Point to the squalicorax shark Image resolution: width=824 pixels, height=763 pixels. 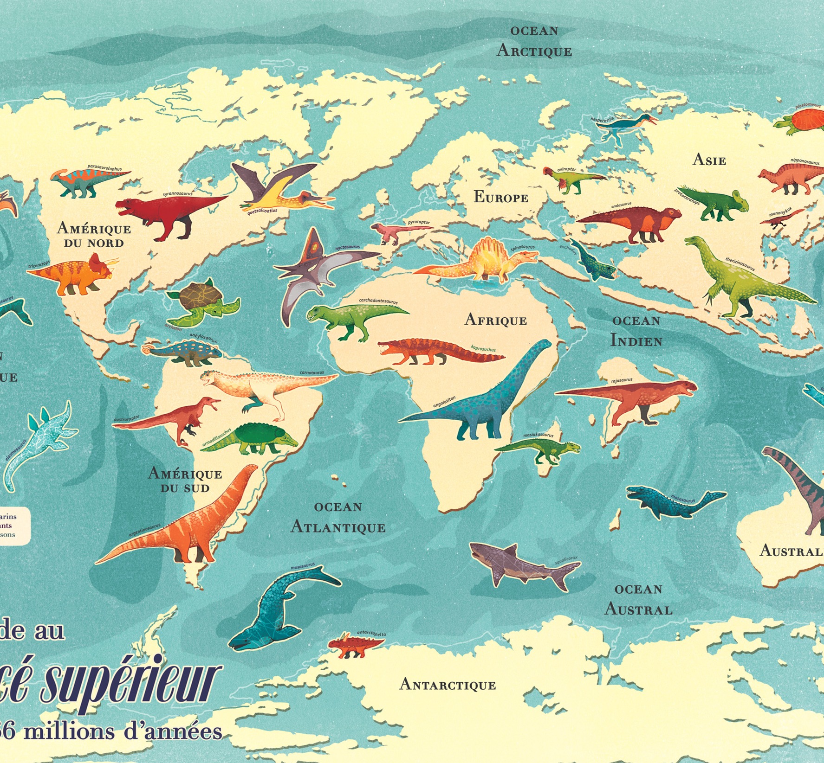(515, 566)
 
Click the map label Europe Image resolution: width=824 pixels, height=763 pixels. (500, 197)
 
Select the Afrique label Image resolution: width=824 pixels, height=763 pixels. (495, 320)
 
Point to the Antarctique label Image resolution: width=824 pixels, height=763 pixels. (448, 685)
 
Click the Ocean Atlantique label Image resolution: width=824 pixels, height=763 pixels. (338, 518)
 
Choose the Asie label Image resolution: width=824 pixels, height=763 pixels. (709, 160)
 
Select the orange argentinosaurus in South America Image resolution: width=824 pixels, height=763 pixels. (186, 524)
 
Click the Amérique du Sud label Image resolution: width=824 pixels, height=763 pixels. (185, 480)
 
